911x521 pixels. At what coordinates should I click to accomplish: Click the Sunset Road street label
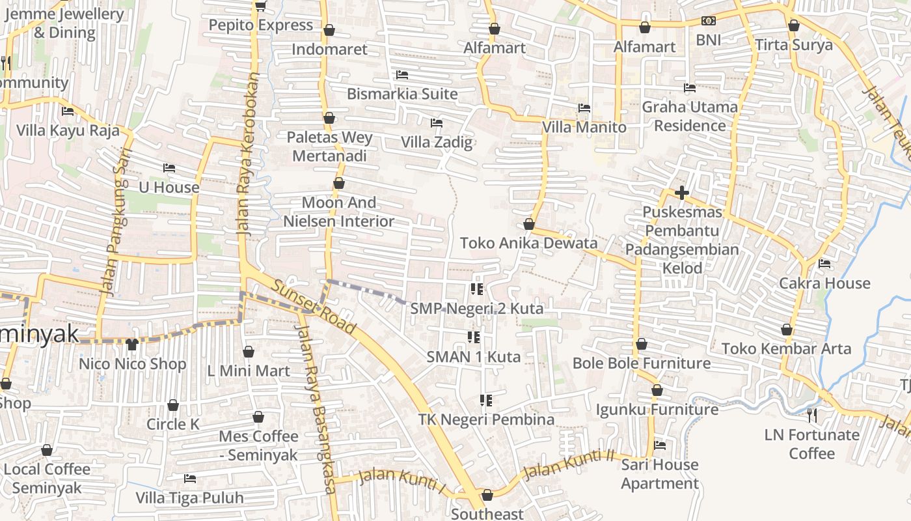click(314, 307)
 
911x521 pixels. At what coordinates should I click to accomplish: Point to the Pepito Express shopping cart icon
click(260, 6)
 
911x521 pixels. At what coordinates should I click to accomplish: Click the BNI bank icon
click(709, 21)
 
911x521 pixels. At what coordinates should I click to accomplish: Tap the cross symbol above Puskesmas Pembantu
click(682, 193)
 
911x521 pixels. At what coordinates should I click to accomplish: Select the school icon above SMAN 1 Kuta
click(474, 337)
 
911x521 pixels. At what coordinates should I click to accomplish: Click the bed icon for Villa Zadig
click(437, 123)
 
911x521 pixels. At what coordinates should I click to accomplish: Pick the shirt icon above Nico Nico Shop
click(133, 344)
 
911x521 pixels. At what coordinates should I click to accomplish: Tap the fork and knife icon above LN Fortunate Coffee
click(811, 415)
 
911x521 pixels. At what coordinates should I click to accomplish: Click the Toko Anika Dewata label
click(528, 244)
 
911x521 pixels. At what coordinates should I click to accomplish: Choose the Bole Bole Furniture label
click(641, 363)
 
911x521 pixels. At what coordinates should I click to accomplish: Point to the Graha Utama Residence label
click(690, 116)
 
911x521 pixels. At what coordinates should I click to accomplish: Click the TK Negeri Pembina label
click(486, 419)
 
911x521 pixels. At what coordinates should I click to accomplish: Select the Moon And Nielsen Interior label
click(338, 212)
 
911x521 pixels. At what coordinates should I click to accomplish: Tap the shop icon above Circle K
click(173, 405)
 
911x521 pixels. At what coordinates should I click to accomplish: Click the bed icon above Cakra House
click(824, 264)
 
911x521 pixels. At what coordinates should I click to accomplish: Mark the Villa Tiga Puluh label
click(189, 498)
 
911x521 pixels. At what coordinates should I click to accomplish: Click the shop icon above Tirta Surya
click(793, 26)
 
